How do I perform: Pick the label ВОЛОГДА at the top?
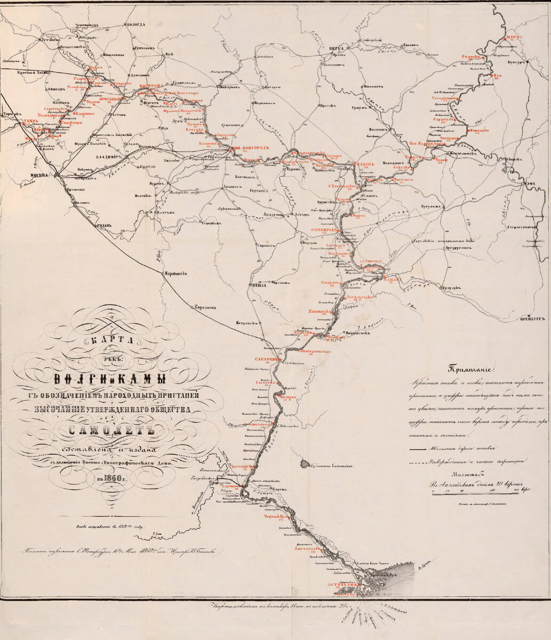click(x=134, y=25)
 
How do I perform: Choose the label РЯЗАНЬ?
click(x=103, y=226)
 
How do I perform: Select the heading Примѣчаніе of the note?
click(x=473, y=369)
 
